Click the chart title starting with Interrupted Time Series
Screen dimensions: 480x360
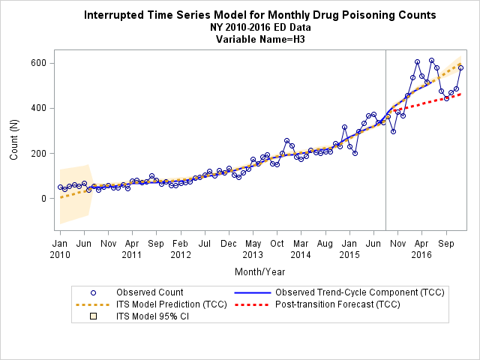[x=260, y=15]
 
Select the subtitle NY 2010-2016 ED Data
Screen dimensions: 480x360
[x=260, y=27]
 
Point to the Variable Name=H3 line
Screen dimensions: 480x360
[x=260, y=39]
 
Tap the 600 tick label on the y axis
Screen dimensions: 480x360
[x=38, y=63]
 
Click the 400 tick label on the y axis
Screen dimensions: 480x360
[x=38, y=108]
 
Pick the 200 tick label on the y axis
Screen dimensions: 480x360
[x=38, y=153]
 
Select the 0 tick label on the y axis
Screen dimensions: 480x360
[x=43, y=198]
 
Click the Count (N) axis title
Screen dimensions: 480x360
[x=14, y=140]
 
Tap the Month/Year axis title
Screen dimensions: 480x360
[x=260, y=271]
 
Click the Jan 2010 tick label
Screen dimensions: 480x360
[x=60, y=249]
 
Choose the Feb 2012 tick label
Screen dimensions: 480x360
[x=181, y=249]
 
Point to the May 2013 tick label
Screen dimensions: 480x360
[x=253, y=249]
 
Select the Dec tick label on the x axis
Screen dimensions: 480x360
[x=229, y=244]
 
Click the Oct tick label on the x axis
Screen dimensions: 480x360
[x=277, y=244]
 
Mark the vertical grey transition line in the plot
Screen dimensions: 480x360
[x=385, y=140]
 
